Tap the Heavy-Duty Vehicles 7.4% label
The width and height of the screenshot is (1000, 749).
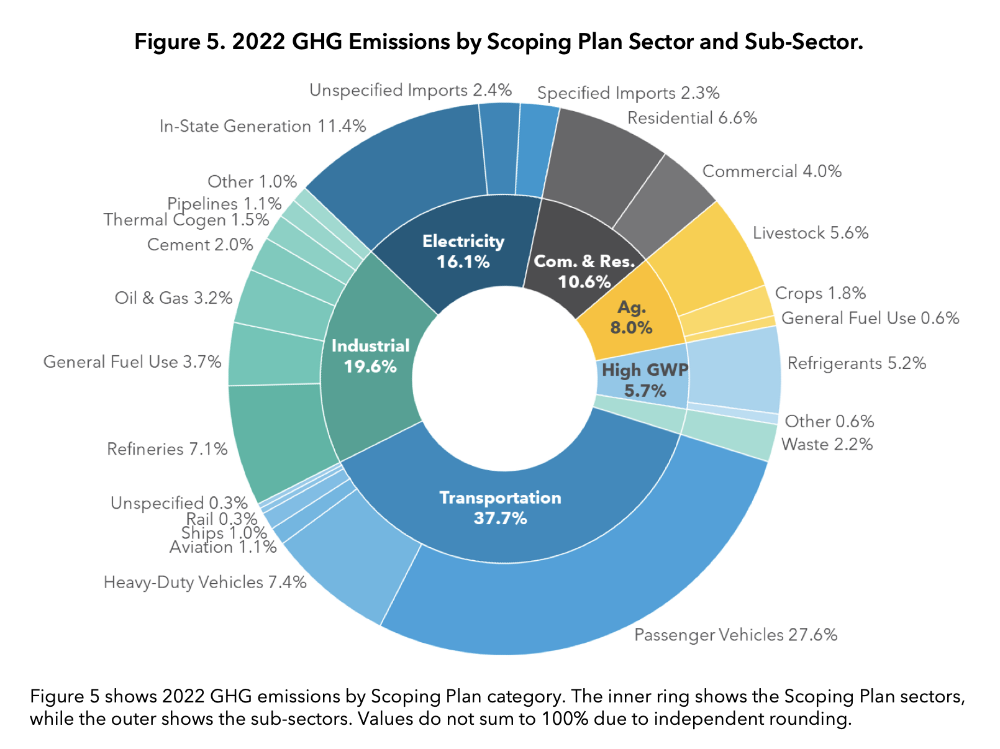(x=205, y=583)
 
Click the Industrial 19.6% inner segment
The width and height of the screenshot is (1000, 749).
(x=370, y=356)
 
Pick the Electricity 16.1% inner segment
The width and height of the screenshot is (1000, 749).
(x=463, y=251)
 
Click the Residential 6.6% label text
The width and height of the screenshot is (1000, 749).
(x=692, y=118)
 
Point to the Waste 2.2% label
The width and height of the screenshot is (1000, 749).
(x=827, y=445)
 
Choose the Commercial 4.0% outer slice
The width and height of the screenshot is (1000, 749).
(x=665, y=199)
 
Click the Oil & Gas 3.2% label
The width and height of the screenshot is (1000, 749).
(x=173, y=298)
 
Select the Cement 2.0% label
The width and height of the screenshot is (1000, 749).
(x=200, y=245)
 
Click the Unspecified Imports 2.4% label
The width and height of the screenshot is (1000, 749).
(x=410, y=91)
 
